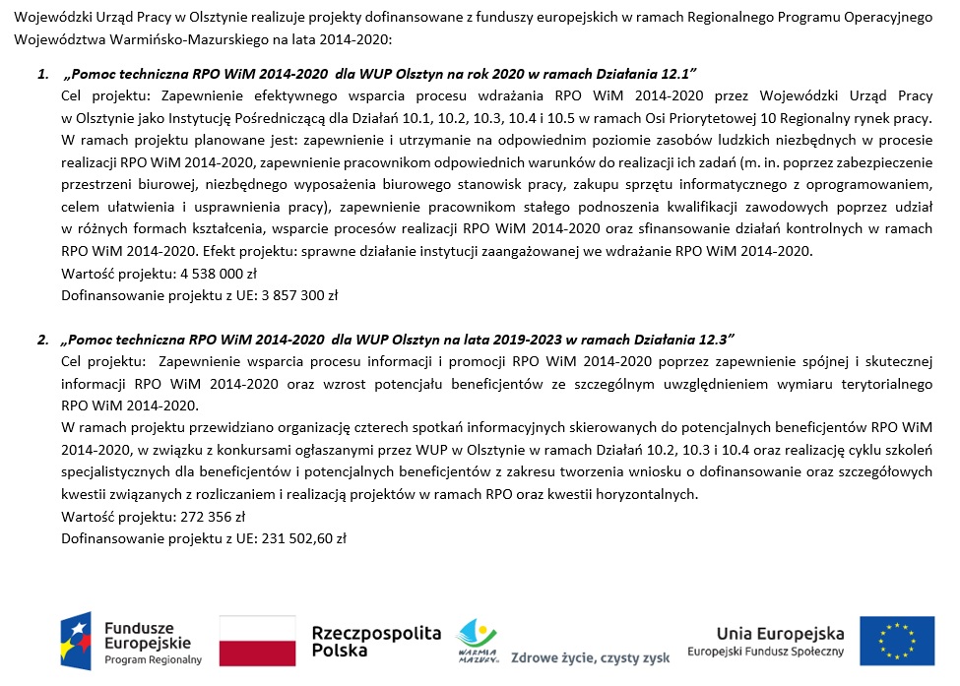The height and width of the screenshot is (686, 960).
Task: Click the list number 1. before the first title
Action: point(43,75)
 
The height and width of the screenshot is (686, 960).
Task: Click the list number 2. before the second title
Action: point(43,340)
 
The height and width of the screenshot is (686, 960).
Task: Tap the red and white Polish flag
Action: point(257,641)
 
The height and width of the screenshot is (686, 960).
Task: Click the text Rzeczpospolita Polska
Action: point(376,641)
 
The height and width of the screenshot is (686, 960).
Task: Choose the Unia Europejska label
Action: point(780,632)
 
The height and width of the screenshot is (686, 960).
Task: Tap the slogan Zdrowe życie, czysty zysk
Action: point(590,657)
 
